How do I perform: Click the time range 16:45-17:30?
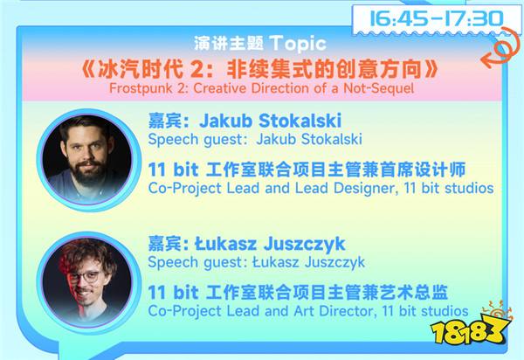[x=437, y=18]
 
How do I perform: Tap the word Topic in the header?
[x=298, y=44]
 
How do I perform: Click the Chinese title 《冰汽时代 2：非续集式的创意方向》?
[x=259, y=69]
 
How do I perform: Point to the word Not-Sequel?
[x=379, y=88]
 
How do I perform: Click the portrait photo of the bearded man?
[x=87, y=160]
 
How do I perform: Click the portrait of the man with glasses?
[x=87, y=282]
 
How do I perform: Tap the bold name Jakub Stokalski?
[x=271, y=121]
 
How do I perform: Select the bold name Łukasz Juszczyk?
[x=270, y=244]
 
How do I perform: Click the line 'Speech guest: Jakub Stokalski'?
[x=255, y=139]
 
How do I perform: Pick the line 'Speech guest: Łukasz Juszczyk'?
[x=256, y=262]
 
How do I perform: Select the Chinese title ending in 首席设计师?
[x=307, y=170]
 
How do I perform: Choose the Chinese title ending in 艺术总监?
[x=298, y=293]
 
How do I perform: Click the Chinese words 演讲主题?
[x=229, y=44]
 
